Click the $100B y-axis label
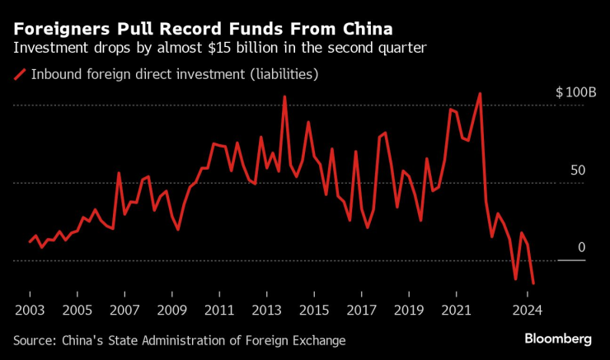coord(575,93)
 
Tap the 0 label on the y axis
coord(581,248)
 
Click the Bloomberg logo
coord(558,339)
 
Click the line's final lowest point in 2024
coord(533,284)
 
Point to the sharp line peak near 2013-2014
coord(284,96)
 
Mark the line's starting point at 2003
coord(30,242)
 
